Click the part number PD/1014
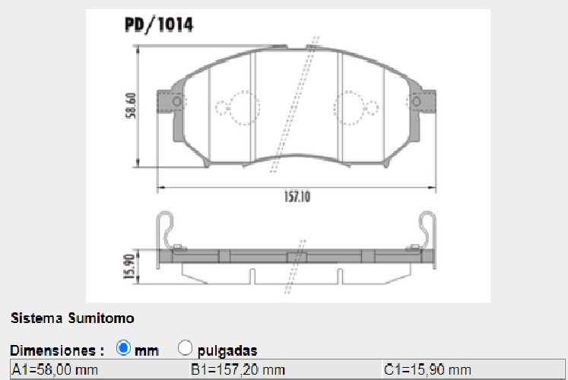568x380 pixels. click(x=158, y=24)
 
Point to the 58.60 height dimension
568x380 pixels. click(x=131, y=105)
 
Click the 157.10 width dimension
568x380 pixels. click(x=297, y=195)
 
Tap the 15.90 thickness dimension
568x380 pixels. click(x=130, y=265)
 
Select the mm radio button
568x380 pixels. click(x=124, y=349)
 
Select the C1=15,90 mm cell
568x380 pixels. click(x=427, y=370)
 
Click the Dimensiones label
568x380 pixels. click(x=57, y=350)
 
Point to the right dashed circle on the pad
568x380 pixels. click(x=352, y=107)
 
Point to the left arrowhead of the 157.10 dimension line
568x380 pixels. click(x=160, y=186)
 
